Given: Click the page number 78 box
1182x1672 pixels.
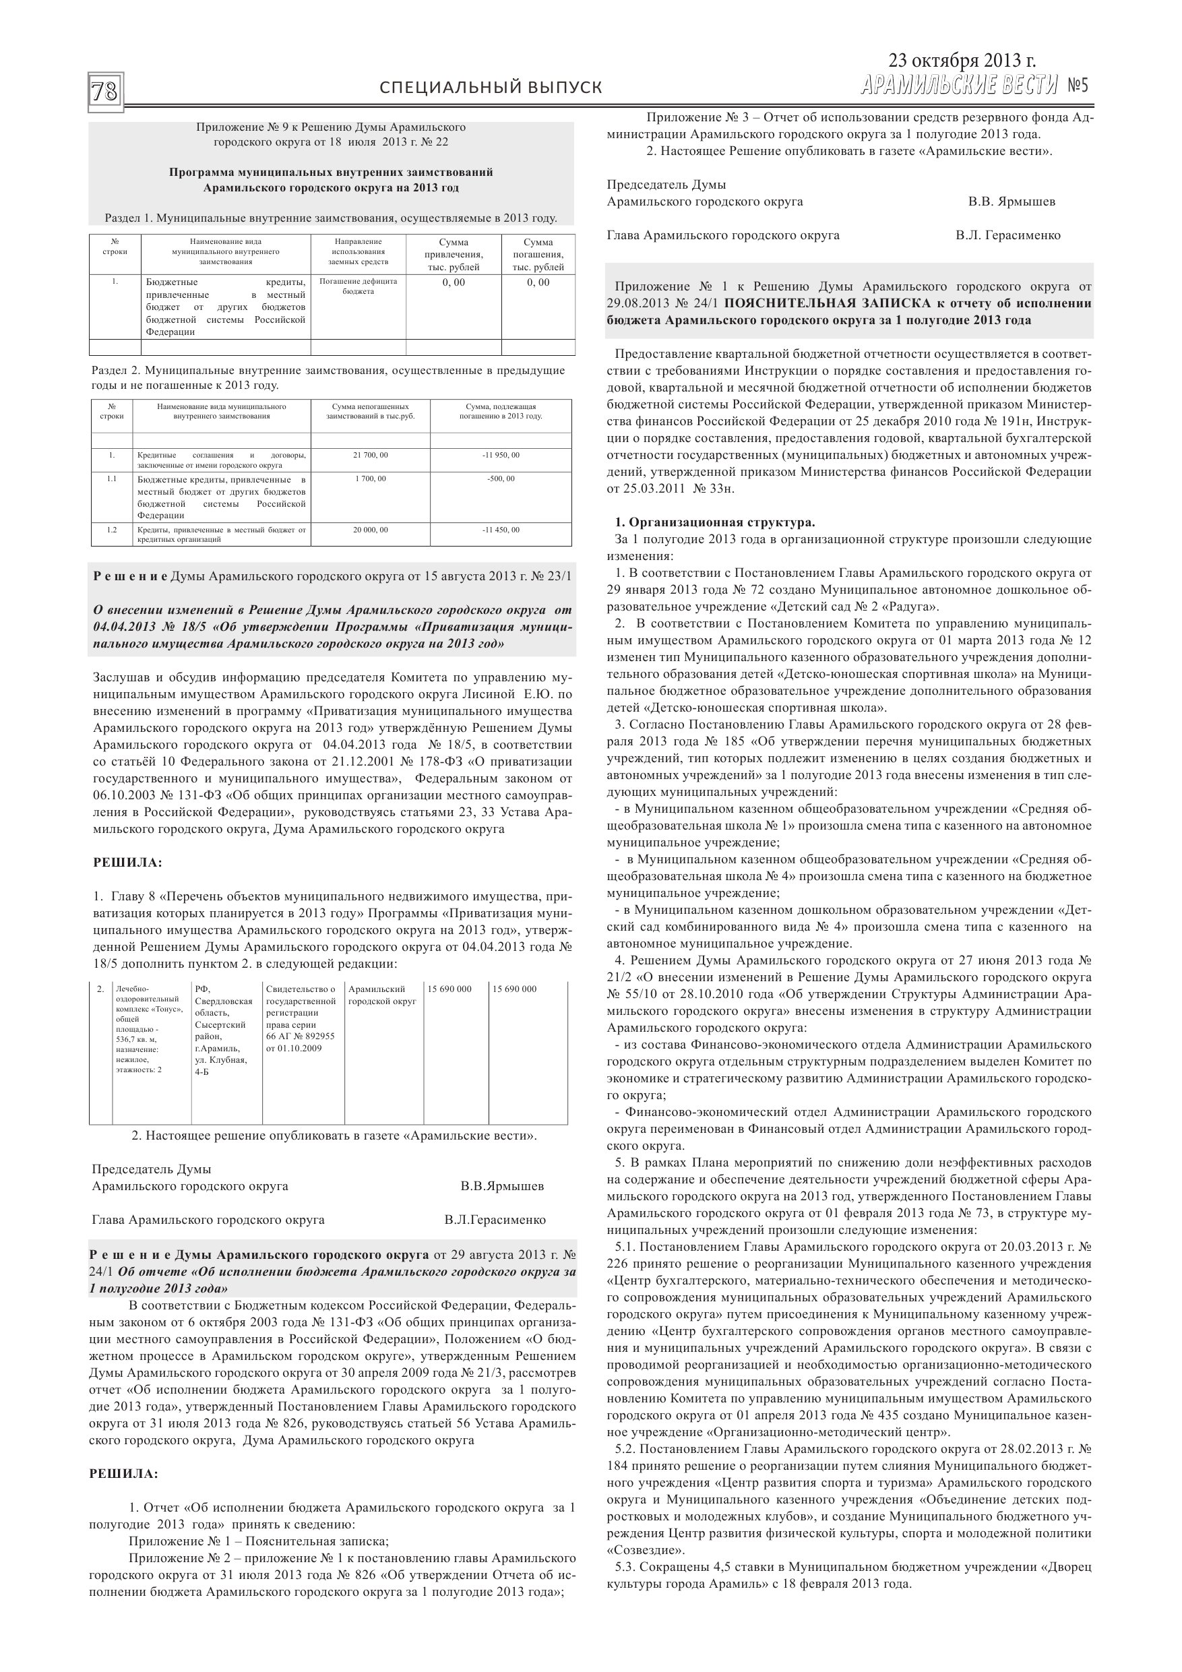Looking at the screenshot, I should pyautogui.click(x=105, y=92).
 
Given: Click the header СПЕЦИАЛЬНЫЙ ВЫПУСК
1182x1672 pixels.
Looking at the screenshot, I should pyautogui.click(x=491, y=88).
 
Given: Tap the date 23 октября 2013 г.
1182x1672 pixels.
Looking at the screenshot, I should pyautogui.click(x=962, y=61).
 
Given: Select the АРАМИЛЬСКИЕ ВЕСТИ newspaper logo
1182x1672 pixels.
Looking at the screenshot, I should pyautogui.click(x=958, y=86).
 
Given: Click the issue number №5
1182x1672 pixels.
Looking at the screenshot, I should pyautogui.click(x=1077, y=86).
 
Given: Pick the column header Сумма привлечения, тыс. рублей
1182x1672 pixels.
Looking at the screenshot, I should pyautogui.click(x=453, y=254).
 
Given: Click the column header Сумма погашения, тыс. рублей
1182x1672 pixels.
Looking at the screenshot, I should pyautogui.click(x=538, y=254).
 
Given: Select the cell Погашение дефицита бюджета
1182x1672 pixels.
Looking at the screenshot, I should pyautogui.click(x=358, y=286).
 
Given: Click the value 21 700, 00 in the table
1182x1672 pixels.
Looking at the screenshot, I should pyautogui.click(x=370, y=455).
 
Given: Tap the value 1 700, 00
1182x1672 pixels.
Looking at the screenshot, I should pyautogui.click(x=370, y=479).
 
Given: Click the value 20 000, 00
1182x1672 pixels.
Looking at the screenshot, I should pyautogui.click(x=370, y=530).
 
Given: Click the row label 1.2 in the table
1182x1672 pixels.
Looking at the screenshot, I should pyautogui.click(x=111, y=530).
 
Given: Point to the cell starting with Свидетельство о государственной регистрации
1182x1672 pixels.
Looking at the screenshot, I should pyautogui.click(x=300, y=1018).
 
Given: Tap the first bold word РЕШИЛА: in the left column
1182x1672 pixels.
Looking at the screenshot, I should pyautogui.click(x=127, y=863).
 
